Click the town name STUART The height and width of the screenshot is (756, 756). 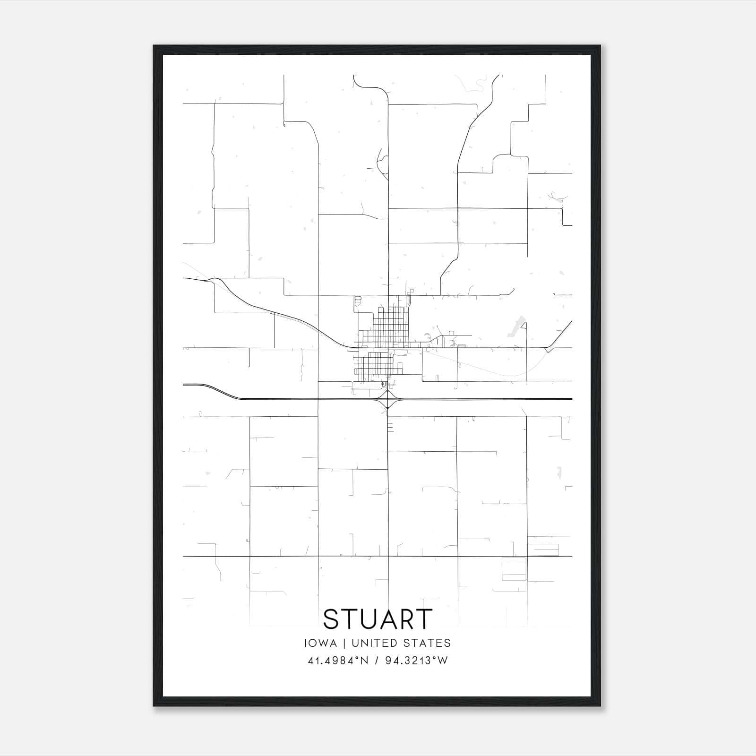[378, 619]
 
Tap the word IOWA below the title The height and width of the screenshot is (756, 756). [321, 643]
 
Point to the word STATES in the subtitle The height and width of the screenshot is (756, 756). [427, 643]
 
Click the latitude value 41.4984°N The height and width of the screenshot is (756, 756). [337, 661]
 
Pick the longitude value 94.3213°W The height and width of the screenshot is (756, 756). [416, 661]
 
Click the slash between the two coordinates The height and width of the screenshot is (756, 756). [377, 661]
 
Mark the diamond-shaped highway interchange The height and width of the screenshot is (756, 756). [387, 400]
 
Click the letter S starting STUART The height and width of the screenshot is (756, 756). [331, 619]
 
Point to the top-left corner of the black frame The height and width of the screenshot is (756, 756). [154, 46]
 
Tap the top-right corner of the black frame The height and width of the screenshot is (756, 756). [600, 46]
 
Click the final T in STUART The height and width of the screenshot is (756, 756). [424, 619]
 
